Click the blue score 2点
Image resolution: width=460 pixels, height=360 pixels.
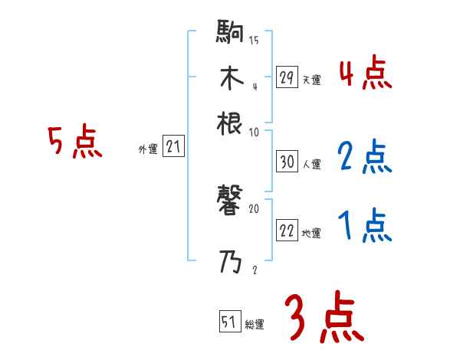[365, 158]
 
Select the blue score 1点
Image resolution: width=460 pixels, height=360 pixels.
[365, 226]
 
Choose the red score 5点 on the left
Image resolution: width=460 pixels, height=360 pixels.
[75, 142]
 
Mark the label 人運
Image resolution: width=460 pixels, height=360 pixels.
[311, 164]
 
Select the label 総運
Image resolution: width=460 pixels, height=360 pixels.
[255, 324]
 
